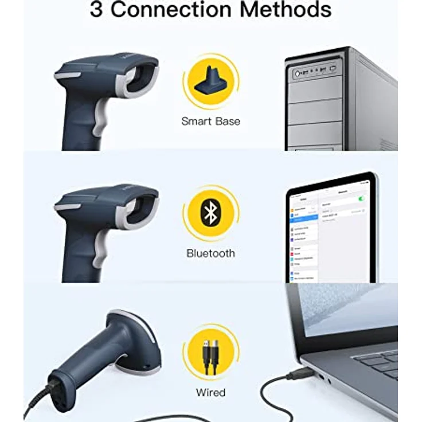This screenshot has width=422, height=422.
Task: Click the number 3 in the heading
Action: pyautogui.click(x=98, y=10)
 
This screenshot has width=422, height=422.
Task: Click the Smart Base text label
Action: pyautogui.click(x=210, y=121)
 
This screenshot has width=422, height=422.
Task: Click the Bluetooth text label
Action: pyautogui.click(x=210, y=253)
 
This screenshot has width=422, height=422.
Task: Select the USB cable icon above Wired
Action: pyautogui.click(x=210, y=353)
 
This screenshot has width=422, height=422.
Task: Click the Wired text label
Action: pyautogui.click(x=210, y=393)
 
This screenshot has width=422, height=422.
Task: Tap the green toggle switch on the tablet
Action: pyautogui.click(x=361, y=198)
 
